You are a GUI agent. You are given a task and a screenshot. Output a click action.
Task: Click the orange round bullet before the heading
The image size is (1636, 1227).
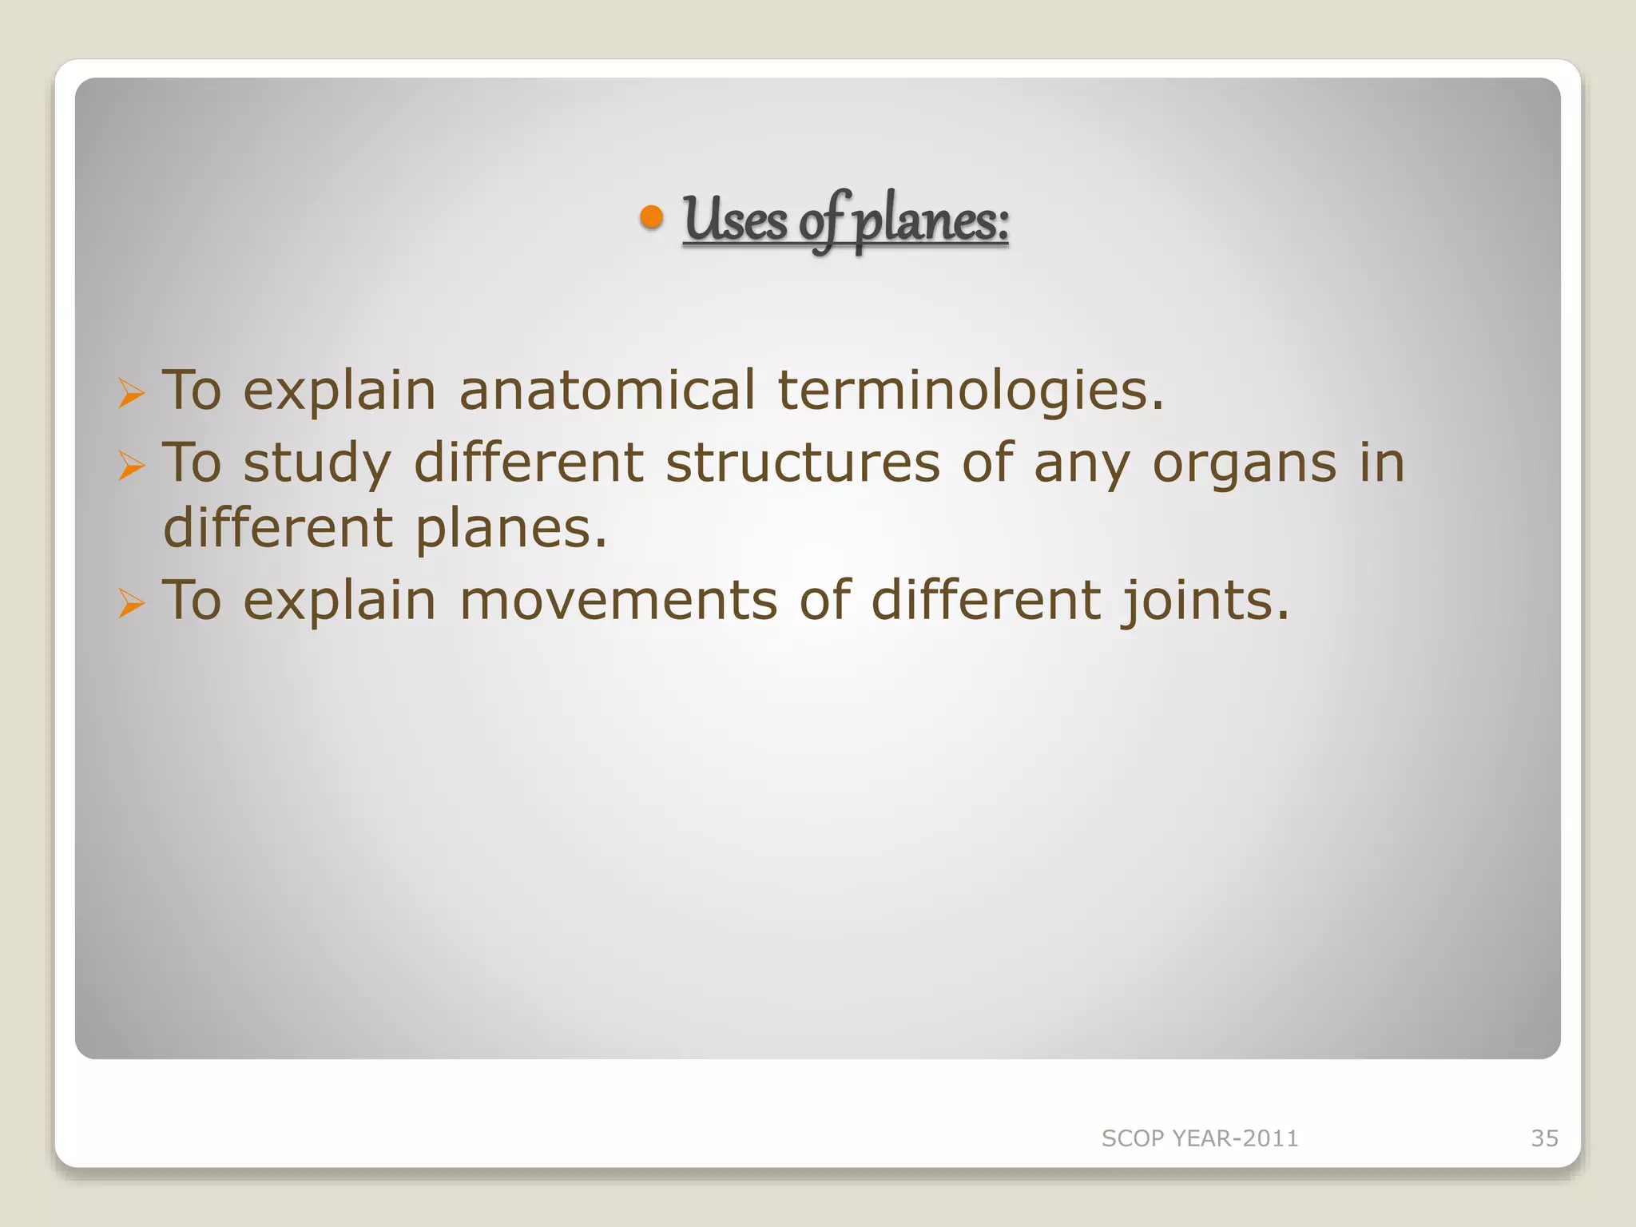point(652,217)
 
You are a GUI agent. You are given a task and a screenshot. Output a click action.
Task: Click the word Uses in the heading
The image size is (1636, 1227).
point(735,220)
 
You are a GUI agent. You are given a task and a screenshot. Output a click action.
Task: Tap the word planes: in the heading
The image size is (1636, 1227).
point(931,221)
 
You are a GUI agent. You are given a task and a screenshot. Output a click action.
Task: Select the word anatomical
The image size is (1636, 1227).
point(607,391)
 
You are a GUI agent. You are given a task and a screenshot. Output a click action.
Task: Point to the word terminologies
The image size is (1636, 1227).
point(971,392)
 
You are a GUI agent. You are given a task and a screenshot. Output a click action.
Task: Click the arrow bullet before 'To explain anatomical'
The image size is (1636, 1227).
point(131,393)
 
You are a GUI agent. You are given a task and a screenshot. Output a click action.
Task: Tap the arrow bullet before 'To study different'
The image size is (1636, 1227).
point(131,465)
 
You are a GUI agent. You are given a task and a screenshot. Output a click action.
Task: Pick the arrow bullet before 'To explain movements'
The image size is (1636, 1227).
point(131,603)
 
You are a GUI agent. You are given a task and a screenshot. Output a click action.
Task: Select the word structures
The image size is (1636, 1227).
point(803,463)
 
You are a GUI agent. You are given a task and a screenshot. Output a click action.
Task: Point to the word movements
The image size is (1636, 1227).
point(618,601)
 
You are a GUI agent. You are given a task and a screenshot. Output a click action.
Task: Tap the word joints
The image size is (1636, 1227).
point(1205,602)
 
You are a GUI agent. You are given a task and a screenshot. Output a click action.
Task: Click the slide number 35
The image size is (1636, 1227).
point(1544,1138)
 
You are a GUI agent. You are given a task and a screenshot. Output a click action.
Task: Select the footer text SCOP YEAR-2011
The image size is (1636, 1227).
point(1200,1138)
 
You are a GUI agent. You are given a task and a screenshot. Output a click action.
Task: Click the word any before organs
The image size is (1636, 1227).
point(1082,465)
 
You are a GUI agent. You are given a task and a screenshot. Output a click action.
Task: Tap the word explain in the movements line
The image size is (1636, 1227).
point(340,602)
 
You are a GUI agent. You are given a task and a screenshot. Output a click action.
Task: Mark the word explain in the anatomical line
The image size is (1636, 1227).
point(340,392)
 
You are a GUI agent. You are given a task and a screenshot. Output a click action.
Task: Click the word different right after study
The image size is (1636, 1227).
point(529,463)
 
